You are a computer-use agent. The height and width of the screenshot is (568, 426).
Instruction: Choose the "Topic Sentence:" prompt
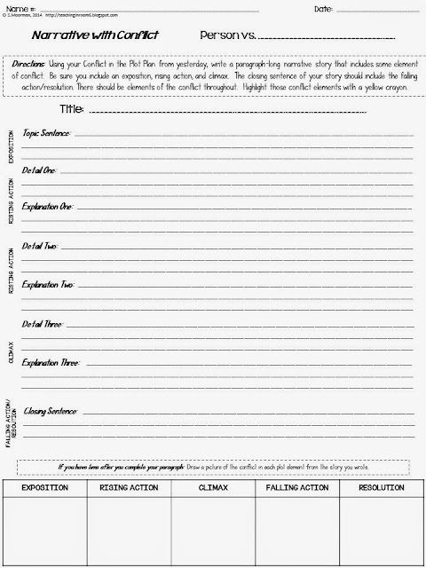[46, 133]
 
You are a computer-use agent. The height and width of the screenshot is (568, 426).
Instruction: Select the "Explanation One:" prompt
[47, 206]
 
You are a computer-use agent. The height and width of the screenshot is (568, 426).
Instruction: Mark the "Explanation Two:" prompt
[48, 286]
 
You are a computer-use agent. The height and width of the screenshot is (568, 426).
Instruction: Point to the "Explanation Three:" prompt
[50, 363]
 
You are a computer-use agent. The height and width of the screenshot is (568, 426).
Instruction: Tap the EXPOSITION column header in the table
[44, 487]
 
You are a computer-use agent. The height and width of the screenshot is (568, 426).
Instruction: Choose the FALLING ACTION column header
[296, 487]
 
